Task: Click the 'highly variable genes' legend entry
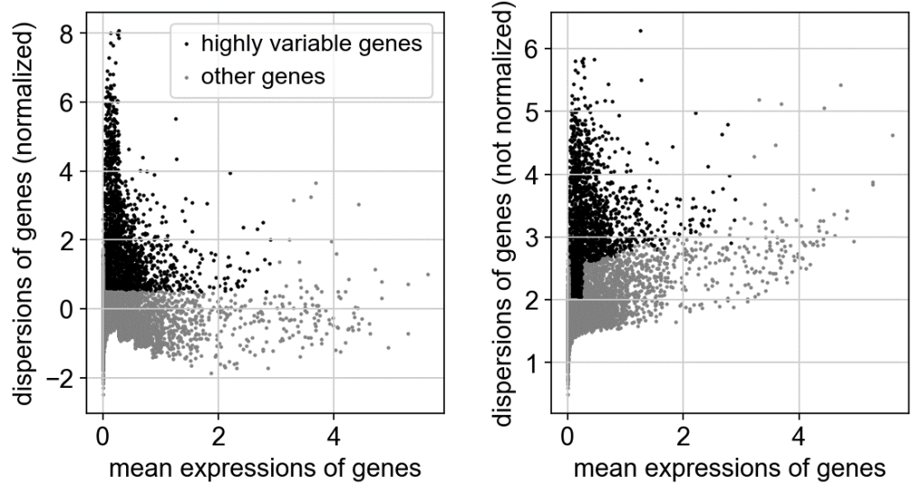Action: click(310, 42)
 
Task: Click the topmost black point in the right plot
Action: click(640, 31)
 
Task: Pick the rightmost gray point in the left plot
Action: click(428, 274)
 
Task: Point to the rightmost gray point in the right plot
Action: click(892, 135)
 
